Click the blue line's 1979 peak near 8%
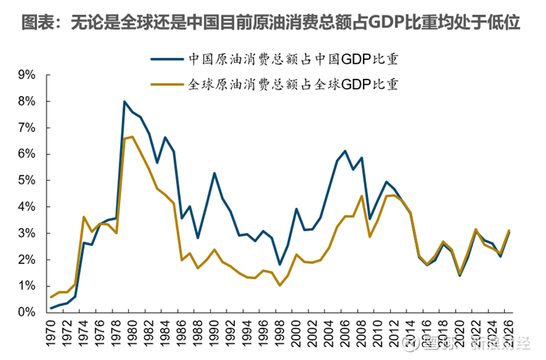(124, 101)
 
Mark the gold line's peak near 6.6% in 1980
(133, 136)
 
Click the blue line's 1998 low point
(280, 264)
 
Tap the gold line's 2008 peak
(361, 196)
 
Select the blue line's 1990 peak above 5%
(214, 173)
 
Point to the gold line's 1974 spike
(84, 217)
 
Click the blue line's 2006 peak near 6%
(344, 151)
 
